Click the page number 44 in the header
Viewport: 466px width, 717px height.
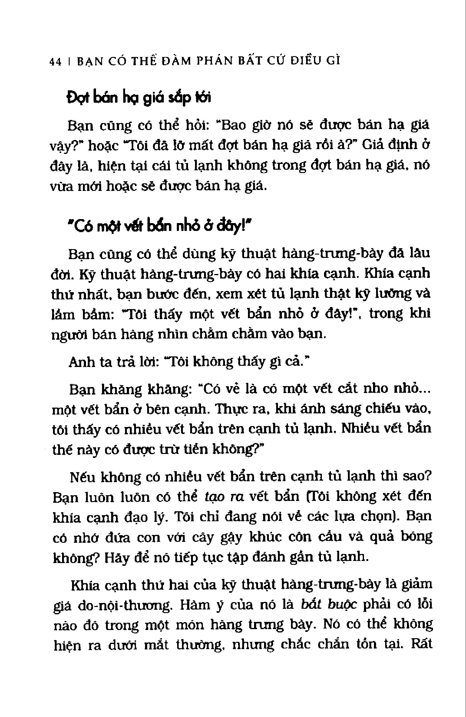click(x=55, y=62)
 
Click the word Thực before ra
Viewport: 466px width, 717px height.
click(x=233, y=409)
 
